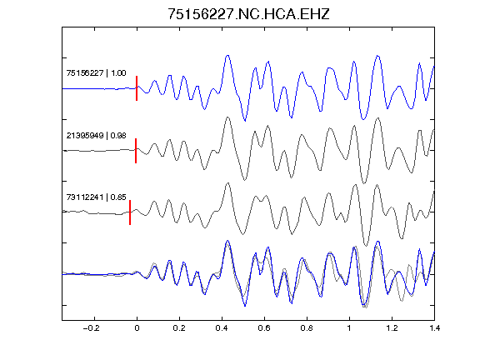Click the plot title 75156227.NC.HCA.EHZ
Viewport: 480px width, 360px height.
pyautogui.click(x=248, y=14)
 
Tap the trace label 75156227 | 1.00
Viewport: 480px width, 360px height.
pyautogui.click(x=96, y=72)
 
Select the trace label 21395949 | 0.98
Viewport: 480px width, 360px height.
pyautogui.click(x=96, y=135)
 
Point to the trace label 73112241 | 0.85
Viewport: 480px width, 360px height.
pyautogui.click(x=96, y=197)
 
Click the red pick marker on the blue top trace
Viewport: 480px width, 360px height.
pyautogui.click(x=137, y=88)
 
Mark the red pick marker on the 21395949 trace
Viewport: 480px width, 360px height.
pyautogui.click(x=136, y=151)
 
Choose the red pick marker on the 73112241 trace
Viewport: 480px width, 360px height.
pyautogui.click(x=130, y=212)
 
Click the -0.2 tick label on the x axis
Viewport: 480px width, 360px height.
pyautogui.click(x=92, y=328)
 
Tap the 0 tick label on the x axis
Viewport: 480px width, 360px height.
pyautogui.click(x=137, y=328)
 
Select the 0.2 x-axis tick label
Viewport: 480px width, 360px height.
pyautogui.click(x=179, y=328)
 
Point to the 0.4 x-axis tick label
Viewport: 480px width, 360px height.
pyautogui.click(x=222, y=328)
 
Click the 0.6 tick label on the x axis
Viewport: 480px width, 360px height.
pyautogui.click(x=264, y=328)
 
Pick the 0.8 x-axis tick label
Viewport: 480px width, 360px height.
pyautogui.click(x=307, y=328)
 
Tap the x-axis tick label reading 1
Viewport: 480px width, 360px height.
pyautogui.click(x=349, y=328)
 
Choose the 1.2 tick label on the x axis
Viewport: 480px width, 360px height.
pyautogui.click(x=392, y=328)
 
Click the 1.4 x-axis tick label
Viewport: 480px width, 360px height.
pyautogui.click(x=434, y=328)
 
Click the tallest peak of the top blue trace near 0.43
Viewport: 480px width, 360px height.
pyautogui.click(x=227, y=56)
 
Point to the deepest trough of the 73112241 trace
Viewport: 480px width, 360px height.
pyautogui.click(x=366, y=246)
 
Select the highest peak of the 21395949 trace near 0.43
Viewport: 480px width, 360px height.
pyautogui.click(x=227, y=117)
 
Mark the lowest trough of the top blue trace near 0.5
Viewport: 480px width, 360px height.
pyautogui.click(x=245, y=121)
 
